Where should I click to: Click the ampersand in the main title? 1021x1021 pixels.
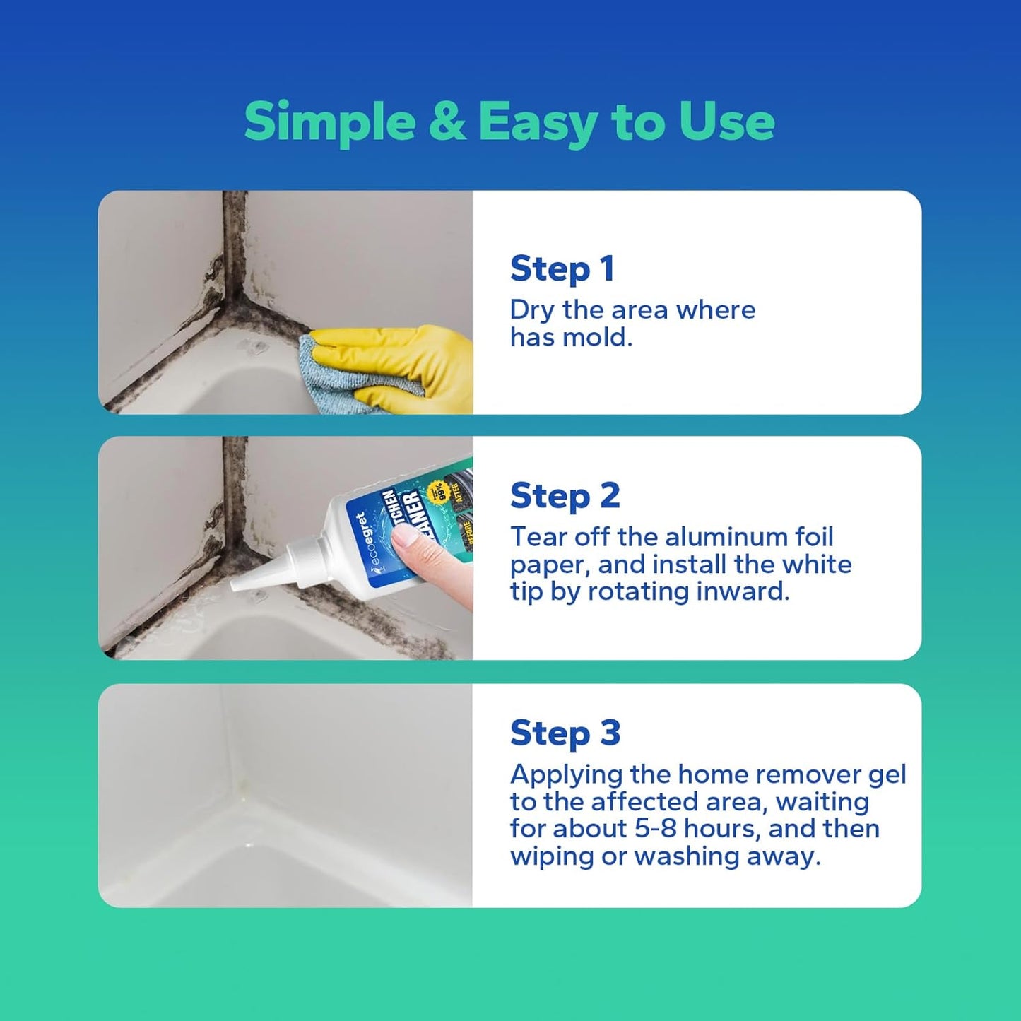(x=447, y=122)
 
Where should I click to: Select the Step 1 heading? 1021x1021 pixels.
(x=562, y=268)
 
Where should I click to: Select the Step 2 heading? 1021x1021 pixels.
(x=565, y=495)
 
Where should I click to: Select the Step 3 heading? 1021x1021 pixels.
(x=565, y=733)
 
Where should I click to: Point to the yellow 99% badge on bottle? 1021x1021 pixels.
(x=445, y=492)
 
